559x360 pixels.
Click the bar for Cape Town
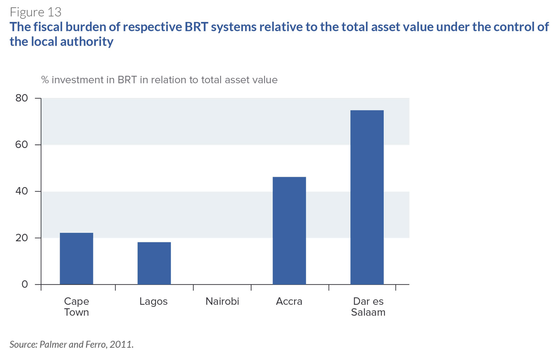coord(77,258)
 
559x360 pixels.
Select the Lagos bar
coord(154,263)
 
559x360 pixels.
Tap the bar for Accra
coord(289,230)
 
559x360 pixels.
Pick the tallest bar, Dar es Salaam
coord(367,197)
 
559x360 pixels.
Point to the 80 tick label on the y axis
coord(21,98)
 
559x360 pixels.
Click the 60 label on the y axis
coord(21,145)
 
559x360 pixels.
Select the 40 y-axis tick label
coord(21,191)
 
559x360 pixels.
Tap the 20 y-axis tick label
coord(21,238)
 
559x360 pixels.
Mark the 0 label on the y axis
coord(25,284)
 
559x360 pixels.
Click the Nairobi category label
coord(222,301)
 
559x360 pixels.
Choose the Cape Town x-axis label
coord(77,307)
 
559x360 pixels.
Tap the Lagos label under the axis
coord(153,302)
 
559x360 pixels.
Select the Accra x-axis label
coord(289,301)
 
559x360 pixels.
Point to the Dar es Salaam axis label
coord(368,307)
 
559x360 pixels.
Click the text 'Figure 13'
coord(35,12)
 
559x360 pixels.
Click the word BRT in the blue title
coord(196,27)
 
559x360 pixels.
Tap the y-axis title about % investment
coord(159,80)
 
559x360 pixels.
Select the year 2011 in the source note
coord(121,344)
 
